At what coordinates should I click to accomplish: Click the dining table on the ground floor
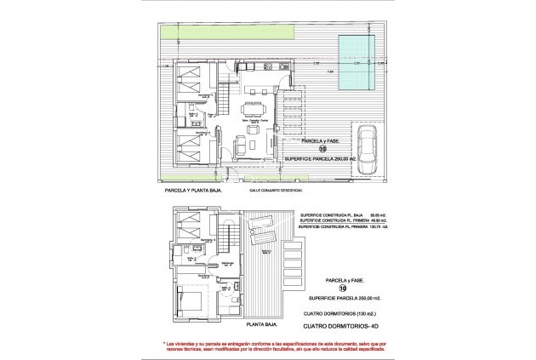click(252, 111)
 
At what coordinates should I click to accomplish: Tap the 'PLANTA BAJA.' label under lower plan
click(263, 323)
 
